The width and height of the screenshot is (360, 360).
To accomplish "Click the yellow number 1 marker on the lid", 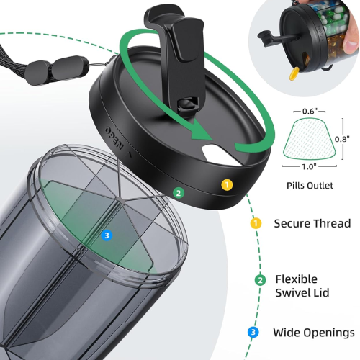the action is [227, 185].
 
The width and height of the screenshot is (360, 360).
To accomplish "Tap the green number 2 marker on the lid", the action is [179, 193].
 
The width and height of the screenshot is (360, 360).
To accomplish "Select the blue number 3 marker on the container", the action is [107, 235].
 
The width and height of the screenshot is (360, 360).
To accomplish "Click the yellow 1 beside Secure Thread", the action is [256, 223].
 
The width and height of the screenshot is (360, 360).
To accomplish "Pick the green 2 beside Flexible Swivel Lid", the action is [260, 280].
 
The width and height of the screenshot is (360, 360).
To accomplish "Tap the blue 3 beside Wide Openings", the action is [253, 333].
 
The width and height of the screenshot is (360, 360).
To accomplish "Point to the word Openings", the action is [330, 333].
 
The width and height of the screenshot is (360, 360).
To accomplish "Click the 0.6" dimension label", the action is [310, 111].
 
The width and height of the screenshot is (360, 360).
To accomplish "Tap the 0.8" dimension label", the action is [342, 139].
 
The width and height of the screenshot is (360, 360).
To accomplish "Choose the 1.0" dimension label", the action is [309, 166].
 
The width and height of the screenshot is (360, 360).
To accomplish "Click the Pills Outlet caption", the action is [310, 185].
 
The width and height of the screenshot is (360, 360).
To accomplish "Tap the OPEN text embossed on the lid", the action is [114, 138].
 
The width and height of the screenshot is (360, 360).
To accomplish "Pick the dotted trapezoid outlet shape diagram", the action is [310, 138].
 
